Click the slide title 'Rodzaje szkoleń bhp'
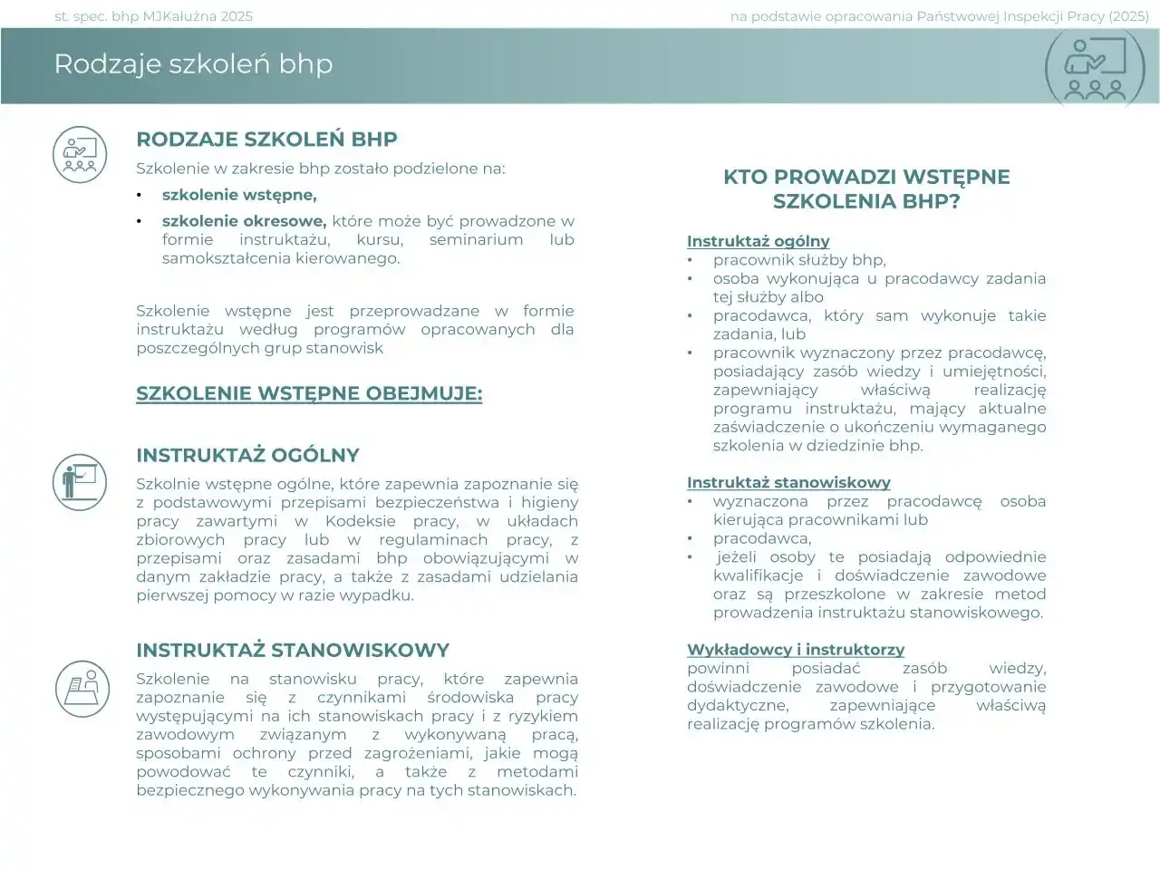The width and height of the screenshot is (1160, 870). [193, 64]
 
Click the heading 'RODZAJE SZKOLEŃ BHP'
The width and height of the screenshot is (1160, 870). [266, 140]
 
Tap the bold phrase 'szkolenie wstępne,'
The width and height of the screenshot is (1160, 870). [239, 195]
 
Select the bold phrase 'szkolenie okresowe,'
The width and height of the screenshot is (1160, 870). [244, 221]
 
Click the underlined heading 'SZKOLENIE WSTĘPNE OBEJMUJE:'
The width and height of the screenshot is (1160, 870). [309, 394]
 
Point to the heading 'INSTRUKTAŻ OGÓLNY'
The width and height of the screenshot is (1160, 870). [247, 456]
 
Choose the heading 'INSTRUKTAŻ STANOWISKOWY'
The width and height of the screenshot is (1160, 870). [293, 651]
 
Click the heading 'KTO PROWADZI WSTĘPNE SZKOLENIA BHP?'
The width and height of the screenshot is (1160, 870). [865, 189]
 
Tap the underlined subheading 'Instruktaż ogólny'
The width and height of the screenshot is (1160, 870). [758, 241]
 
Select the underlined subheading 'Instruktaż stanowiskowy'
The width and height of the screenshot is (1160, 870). [788, 483]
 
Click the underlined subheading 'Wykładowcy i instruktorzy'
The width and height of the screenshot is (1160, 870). [795, 650]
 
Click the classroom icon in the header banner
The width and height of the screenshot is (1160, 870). [1096, 68]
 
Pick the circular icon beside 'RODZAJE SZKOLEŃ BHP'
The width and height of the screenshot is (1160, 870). [81, 154]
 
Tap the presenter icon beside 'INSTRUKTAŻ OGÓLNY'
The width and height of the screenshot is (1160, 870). [81, 481]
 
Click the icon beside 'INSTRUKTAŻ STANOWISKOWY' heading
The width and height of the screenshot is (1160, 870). [82, 688]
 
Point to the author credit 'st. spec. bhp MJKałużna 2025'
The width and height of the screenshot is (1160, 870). [154, 16]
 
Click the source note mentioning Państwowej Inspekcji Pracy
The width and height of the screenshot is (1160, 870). [942, 16]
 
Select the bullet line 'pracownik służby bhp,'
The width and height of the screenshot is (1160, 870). [798, 260]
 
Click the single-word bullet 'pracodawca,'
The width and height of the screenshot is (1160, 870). [761, 538]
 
